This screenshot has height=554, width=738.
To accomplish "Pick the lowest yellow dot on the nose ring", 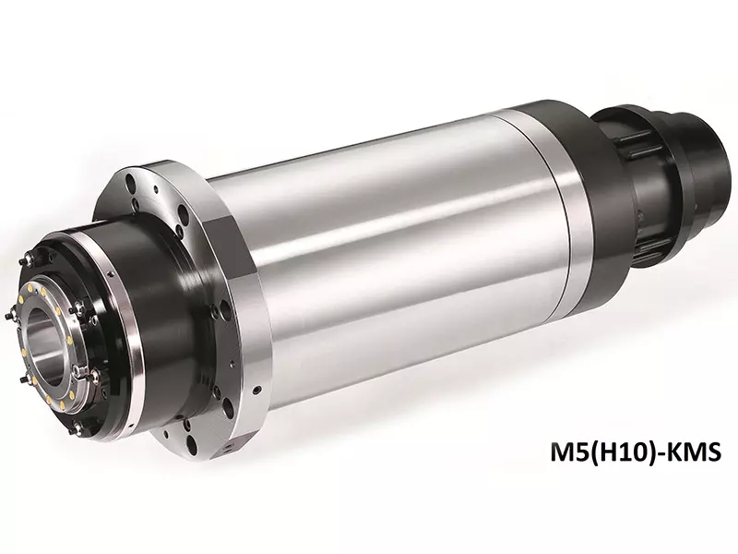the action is coord(62,405).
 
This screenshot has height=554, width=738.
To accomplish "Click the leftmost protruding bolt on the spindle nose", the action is coord(10,316).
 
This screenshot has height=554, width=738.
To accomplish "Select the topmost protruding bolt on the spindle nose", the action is coord(26,259).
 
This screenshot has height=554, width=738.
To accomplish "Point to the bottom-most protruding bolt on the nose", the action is coord(76,428).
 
